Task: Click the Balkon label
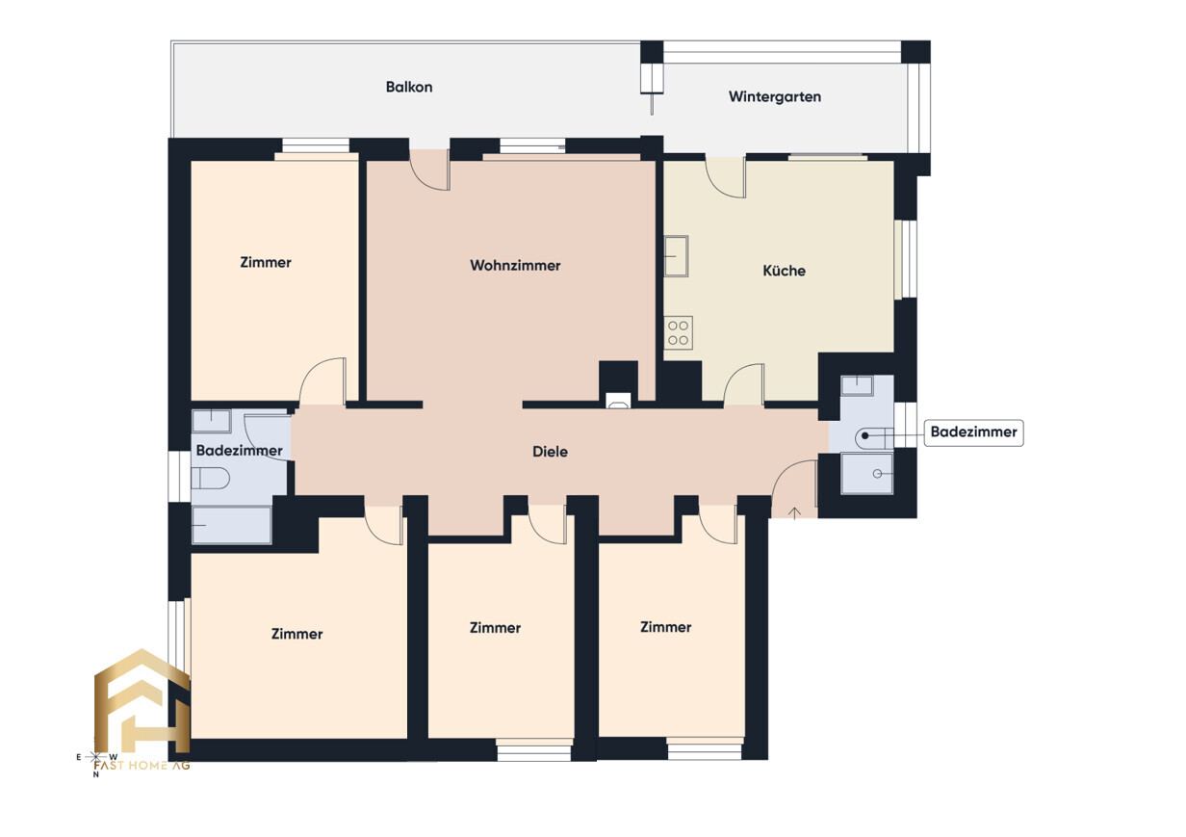pos(409,87)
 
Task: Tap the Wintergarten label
pos(775,97)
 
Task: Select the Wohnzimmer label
pos(515,266)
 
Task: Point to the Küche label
pos(785,271)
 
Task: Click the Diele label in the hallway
pos(550,452)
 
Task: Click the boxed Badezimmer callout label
pos(973,432)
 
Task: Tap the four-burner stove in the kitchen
pos(679,333)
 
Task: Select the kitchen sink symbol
pos(676,256)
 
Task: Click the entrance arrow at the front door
pos(794,512)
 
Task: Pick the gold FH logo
pos(142,702)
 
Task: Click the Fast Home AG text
pos(142,766)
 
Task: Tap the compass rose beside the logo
pos(96,757)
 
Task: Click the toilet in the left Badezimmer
pos(210,479)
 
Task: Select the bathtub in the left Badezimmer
pos(232,525)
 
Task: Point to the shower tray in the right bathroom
pos(866,474)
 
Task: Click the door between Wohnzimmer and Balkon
pos(429,170)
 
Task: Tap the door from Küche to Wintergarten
pos(726,177)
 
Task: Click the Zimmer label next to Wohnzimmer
pos(266,263)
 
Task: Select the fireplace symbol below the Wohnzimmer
pos(618,401)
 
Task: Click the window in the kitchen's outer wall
pos(906,259)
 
